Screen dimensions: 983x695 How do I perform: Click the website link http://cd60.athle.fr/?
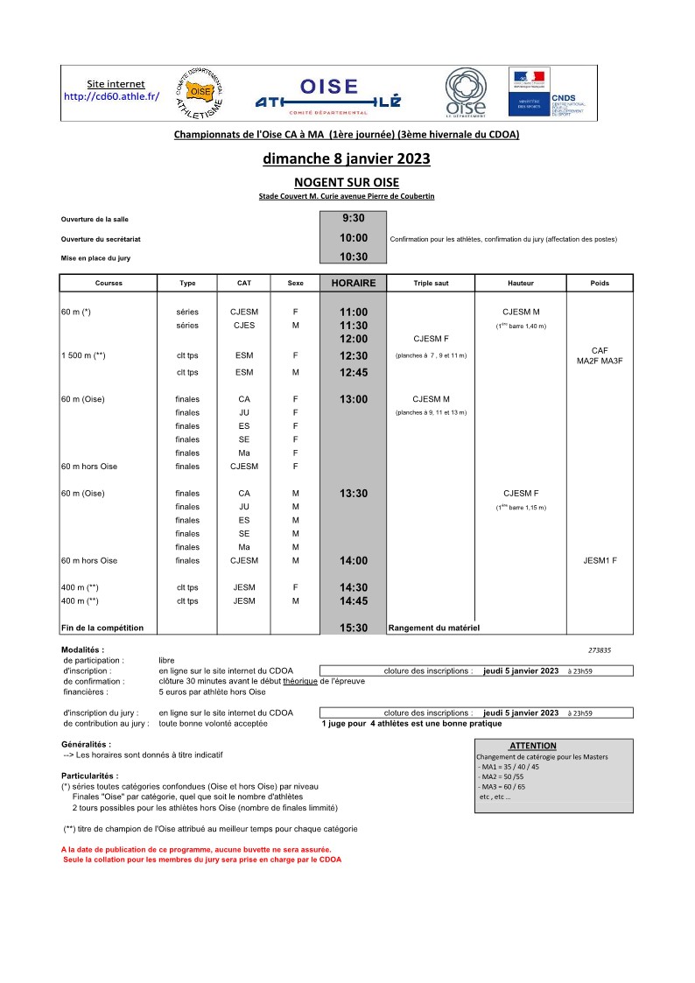(111, 96)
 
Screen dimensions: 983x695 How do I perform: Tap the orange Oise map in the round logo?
(200, 91)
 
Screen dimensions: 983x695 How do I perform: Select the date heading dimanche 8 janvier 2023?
(347, 159)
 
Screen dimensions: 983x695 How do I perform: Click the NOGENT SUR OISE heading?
(347, 182)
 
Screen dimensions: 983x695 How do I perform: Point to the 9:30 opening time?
(353, 218)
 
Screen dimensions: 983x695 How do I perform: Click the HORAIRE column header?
(353, 283)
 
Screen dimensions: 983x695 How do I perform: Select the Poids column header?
(600, 284)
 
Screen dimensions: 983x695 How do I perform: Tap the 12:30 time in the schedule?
(353, 355)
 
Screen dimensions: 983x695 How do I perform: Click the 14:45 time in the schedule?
(353, 601)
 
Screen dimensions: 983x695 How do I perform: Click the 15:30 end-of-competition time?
(353, 628)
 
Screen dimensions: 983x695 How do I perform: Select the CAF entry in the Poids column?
(600, 350)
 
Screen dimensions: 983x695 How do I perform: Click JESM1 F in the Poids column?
(600, 560)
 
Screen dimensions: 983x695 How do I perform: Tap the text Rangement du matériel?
(433, 628)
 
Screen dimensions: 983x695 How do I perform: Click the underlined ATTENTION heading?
(532, 746)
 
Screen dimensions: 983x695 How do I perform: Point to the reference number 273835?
(600, 650)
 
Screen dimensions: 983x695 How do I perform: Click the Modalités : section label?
(82, 649)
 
